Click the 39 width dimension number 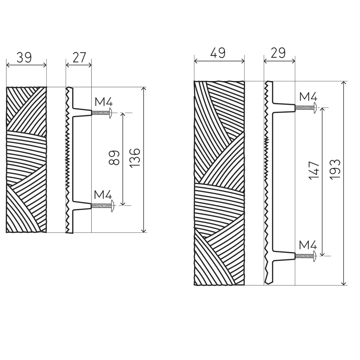[x=24, y=57]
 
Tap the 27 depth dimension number [x=79, y=57]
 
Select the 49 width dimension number [x=218, y=53]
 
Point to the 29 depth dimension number [x=278, y=53]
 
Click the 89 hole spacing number [x=114, y=158]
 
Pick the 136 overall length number [x=135, y=158]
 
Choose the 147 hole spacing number [x=314, y=171]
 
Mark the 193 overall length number [x=335, y=170]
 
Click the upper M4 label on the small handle [x=104, y=102]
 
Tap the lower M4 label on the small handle [x=103, y=195]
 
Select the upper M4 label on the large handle [x=308, y=97]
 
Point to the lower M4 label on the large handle [x=308, y=245]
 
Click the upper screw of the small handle [x=102, y=113]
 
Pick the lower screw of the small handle [x=102, y=206]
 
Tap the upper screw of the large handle [x=306, y=108]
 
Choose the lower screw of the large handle [x=306, y=256]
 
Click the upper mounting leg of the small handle [x=82, y=113]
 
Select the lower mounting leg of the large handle [x=284, y=256]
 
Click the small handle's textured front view [x=26, y=160]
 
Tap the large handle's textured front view [x=219, y=183]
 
